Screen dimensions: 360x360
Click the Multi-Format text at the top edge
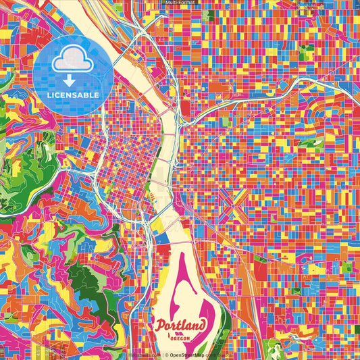pos(180,3)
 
